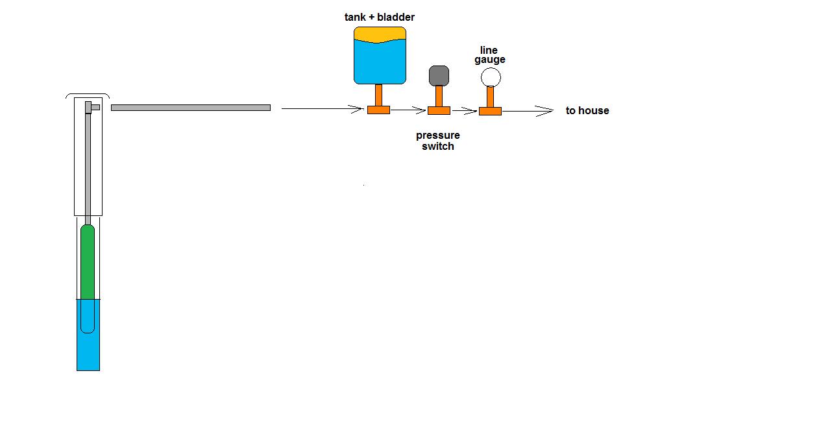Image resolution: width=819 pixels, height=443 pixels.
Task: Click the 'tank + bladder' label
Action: tap(379, 17)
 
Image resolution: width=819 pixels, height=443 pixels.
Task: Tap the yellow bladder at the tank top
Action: tap(380, 34)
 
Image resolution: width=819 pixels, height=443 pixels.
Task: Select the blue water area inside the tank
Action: tap(380, 62)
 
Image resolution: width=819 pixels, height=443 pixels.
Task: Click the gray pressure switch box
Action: tap(439, 76)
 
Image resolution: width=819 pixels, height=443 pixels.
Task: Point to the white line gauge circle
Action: tap(491, 77)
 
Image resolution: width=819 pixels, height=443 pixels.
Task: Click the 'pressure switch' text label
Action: tap(438, 141)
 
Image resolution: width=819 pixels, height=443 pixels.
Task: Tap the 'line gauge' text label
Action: tap(489, 55)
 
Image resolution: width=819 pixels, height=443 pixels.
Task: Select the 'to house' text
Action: tap(587, 110)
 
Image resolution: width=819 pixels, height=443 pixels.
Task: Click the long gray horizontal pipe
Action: tap(191, 108)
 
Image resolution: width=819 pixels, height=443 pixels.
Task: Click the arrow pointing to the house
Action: tap(528, 111)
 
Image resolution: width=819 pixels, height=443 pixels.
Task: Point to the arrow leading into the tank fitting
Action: tap(323, 108)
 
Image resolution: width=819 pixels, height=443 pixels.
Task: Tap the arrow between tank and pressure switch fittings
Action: tap(408, 110)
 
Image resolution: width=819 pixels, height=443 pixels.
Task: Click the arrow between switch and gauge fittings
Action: tap(465, 111)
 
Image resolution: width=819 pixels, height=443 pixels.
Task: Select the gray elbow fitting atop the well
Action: tap(92, 108)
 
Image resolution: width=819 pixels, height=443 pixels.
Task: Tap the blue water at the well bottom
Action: tap(88, 351)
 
